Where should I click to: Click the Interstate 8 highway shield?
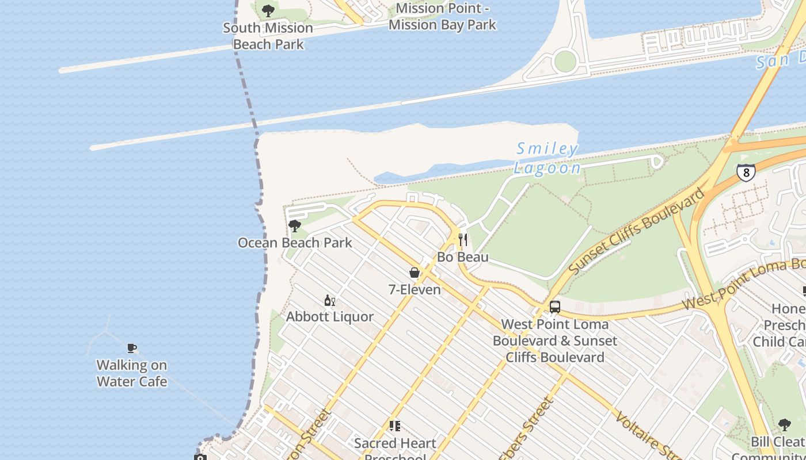point(746,172)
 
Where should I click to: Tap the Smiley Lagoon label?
point(547,159)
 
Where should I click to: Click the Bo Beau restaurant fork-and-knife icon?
point(463,239)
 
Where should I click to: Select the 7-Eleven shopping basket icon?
point(415,273)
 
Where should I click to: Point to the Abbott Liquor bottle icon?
point(330,300)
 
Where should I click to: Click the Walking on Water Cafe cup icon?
point(132,348)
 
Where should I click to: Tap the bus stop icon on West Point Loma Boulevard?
point(555,307)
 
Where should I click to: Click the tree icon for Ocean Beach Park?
point(295,226)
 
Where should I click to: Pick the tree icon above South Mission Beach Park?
point(268,10)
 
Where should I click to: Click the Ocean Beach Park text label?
point(295,243)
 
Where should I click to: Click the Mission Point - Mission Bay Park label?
point(442,17)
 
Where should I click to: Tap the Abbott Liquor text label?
point(330,317)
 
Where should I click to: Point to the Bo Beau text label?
point(463,257)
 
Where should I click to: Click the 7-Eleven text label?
point(415,290)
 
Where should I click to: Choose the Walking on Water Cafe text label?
point(132,373)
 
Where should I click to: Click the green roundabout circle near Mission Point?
point(565,61)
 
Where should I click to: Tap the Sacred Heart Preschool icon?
point(395,426)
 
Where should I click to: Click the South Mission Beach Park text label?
point(268,36)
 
